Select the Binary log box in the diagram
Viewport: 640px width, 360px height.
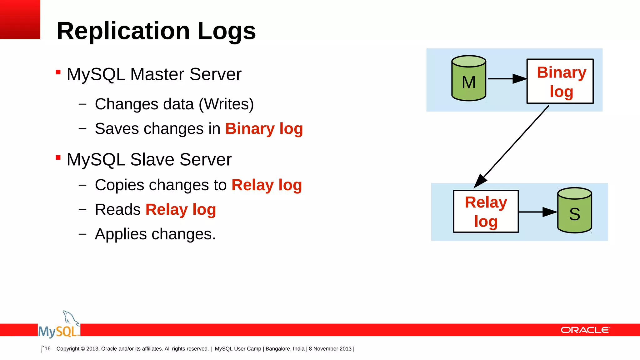click(560, 81)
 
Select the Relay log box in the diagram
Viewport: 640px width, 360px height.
click(486, 212)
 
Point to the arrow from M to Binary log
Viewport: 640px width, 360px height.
click(506, 79)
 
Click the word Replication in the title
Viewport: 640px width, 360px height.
click(123, 31)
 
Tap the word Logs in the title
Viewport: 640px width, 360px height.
click(227, 31)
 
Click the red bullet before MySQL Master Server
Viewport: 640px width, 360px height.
click(58, 72)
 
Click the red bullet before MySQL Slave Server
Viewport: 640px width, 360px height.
click(58, 157)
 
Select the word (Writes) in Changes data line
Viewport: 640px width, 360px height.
click(226, 104)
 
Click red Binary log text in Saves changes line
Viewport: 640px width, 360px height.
click(264, 129)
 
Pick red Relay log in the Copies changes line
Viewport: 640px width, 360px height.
click(267, 185)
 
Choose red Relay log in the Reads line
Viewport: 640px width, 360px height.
click(181, 210)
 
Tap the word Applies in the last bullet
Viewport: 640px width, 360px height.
click(121, 234)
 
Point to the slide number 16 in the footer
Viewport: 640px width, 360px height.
click(47, 348)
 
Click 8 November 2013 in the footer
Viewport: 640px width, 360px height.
click(330, 349)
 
